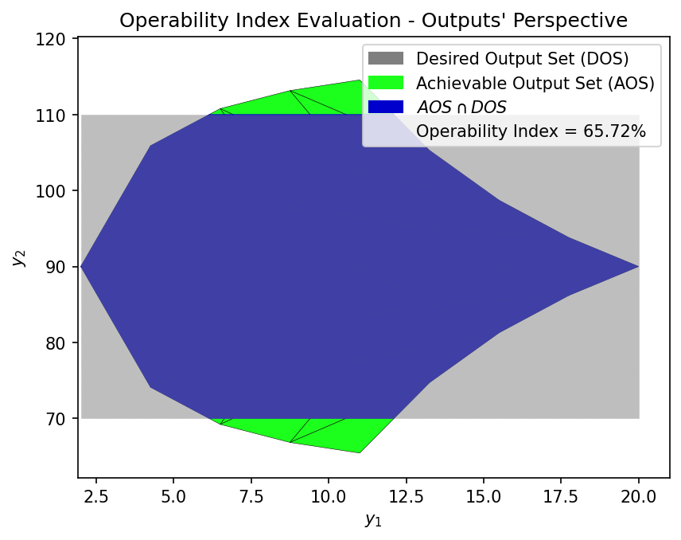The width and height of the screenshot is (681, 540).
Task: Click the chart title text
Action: [373, 20]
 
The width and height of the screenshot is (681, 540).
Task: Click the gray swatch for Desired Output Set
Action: [386, 59]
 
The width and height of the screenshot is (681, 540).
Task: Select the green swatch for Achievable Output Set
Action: [386, 83]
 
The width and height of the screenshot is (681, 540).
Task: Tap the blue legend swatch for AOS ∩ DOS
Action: [386, 107]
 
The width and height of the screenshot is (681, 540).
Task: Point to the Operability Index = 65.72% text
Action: [531, 131]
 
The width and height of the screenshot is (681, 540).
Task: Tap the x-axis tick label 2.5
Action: [95, 495]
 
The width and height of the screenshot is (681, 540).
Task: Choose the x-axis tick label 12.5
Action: [407, 495]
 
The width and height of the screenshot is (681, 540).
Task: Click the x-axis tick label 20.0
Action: [639, 495]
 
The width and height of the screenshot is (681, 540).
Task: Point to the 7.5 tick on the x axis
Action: [251, 495]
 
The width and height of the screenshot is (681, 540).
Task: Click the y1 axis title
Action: [373, 520]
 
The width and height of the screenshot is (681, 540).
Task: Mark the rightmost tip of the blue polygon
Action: [637, 267]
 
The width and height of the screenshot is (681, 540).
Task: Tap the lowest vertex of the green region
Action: [360, 452]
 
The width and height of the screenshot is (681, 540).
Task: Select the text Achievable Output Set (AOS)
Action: [535, 83]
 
